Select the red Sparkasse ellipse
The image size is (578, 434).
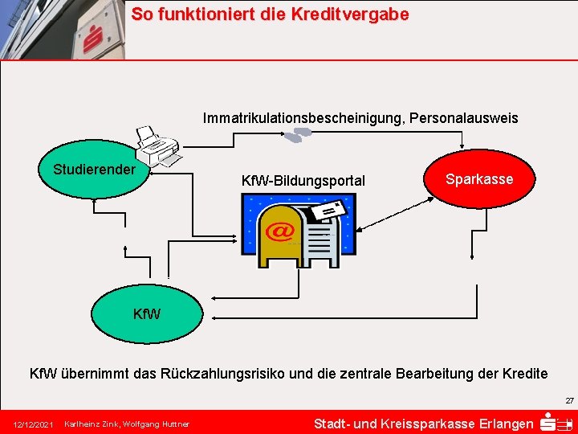(x=479, y=179)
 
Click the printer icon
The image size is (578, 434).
(x=157, y=146)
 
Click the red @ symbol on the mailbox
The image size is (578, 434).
(x=280, y=231)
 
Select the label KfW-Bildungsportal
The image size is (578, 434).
(x=303, y=181)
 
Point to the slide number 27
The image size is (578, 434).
(x=569, y=400)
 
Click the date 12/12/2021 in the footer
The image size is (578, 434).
(x=33, y=424)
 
